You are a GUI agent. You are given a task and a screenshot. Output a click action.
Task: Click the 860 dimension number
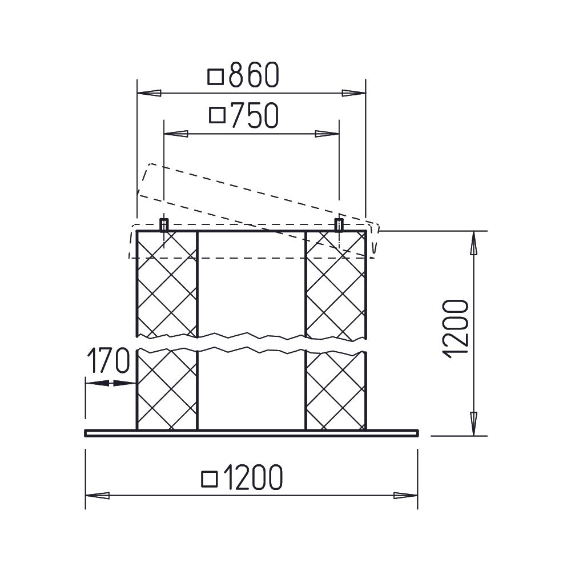point(254,75)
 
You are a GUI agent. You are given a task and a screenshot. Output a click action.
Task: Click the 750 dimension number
point(255,115)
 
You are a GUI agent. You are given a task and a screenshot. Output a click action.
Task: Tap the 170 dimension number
point(108,360)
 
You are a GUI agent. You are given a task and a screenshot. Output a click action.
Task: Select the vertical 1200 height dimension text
point(455,329)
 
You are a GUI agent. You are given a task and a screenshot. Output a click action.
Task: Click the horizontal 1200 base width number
point(252,477)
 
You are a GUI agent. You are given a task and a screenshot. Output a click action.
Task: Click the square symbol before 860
point(215,77)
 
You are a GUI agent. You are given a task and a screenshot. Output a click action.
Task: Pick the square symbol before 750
point(218,115)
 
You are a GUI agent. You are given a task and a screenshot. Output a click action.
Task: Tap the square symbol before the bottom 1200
point(210,479)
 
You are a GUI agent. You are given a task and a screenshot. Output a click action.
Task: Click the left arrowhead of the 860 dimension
point(149,93)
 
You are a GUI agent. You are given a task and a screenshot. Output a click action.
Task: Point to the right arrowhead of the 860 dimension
point(353,93)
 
